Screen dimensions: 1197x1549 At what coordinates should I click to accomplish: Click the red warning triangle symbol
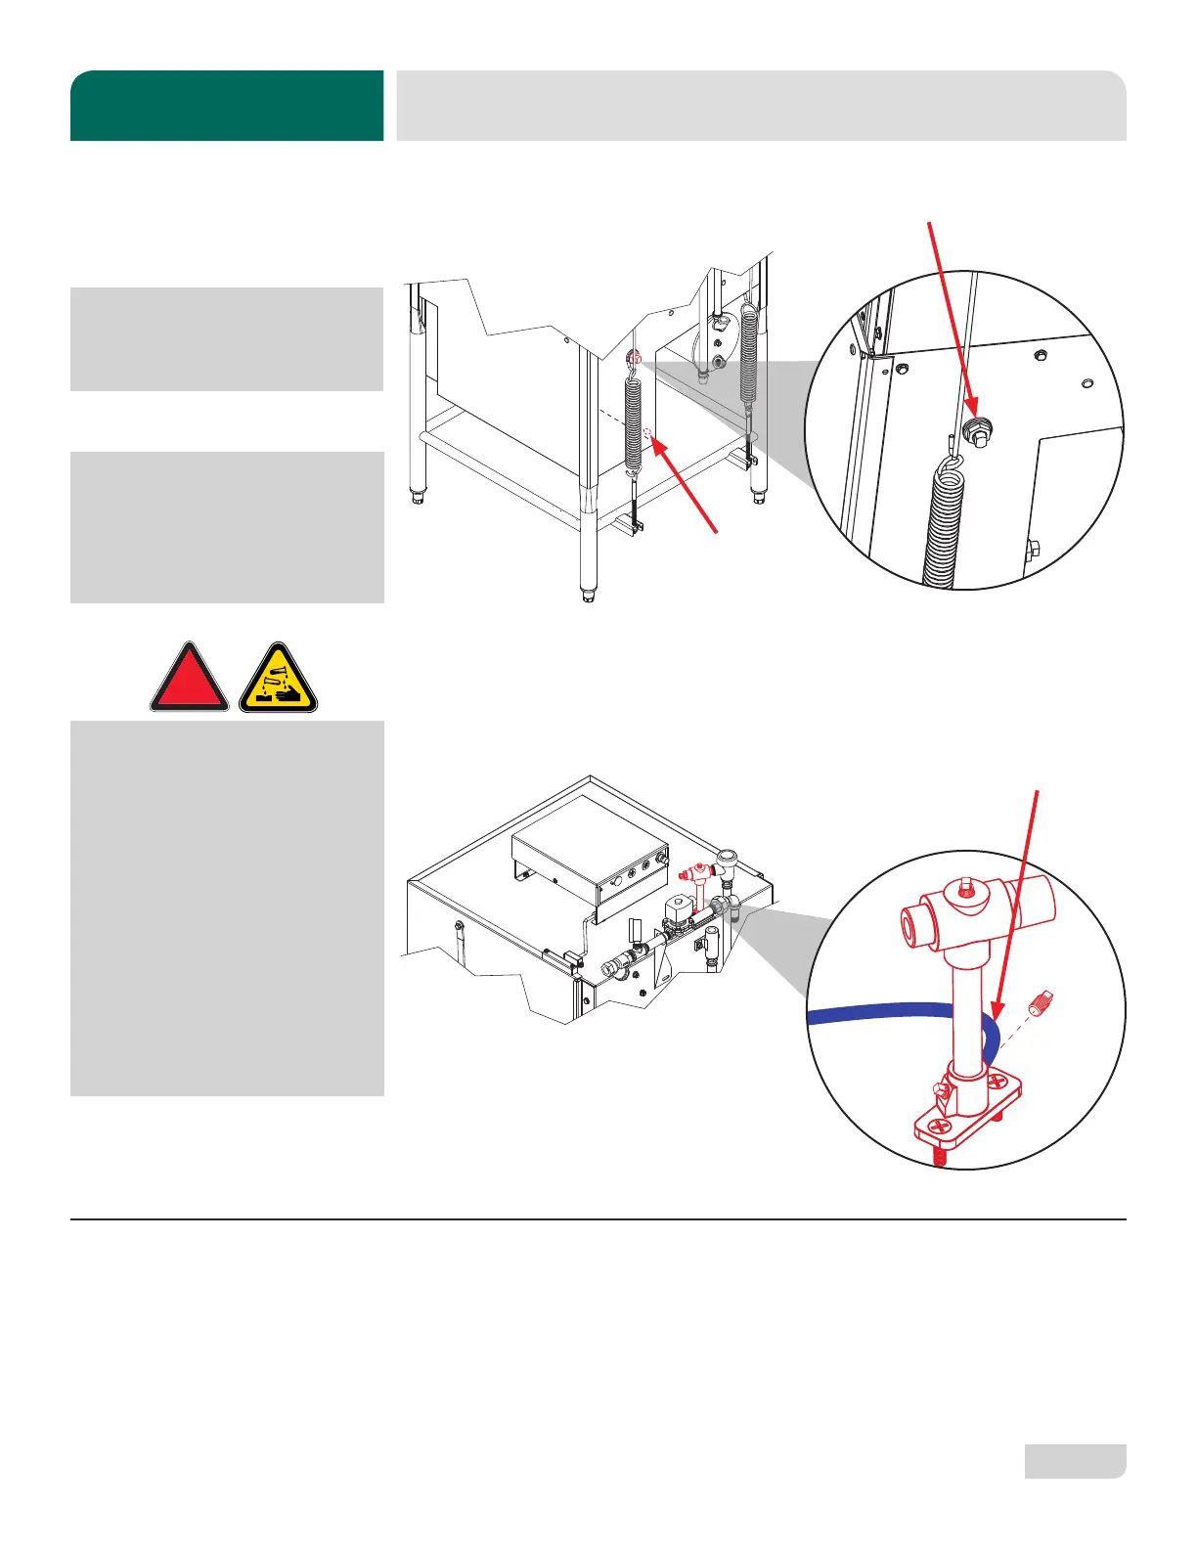tap(189, 680)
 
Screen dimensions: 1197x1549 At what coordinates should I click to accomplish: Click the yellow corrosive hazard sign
tap(279, 680)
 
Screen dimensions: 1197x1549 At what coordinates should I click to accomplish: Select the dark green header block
tap(227, 106)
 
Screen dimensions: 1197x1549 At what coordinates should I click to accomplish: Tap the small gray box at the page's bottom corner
tap(1075, 1461)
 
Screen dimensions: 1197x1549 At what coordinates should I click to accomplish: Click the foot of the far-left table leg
tap(419, 497)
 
